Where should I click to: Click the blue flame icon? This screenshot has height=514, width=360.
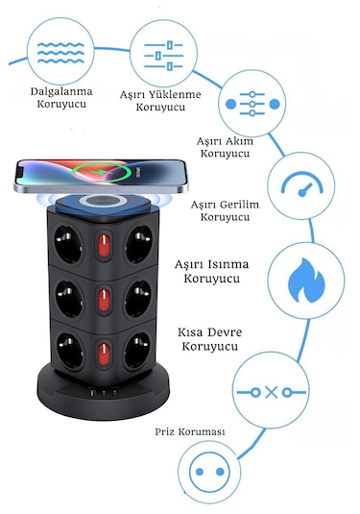[x=306, y=280]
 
